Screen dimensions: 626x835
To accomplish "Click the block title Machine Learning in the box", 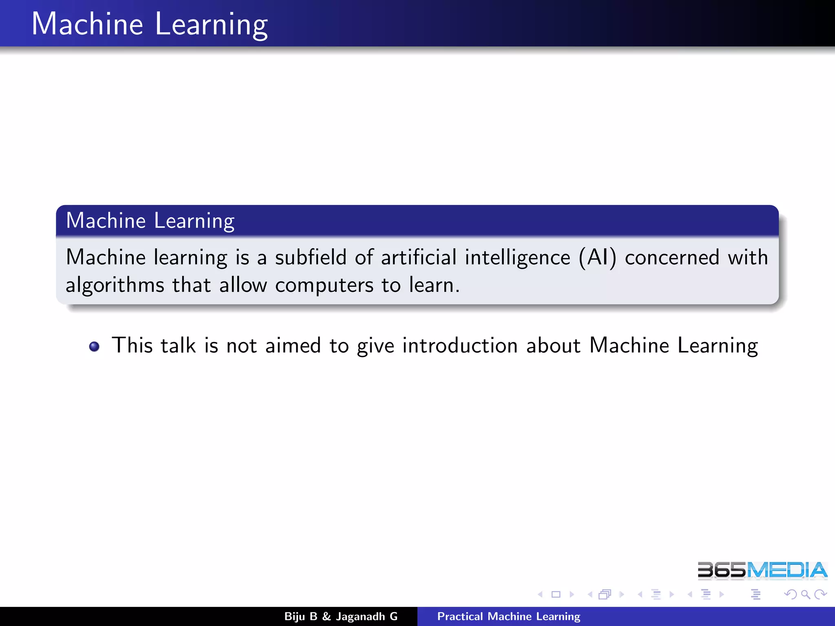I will [x=150, y=220].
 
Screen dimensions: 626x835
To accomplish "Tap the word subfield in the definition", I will [x=311, y=258].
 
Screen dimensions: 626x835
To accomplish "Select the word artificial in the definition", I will [x=419, y=258].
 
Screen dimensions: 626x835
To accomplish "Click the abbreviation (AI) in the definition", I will [x=597, y=258].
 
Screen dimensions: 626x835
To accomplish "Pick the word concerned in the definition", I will [x=672, y=258].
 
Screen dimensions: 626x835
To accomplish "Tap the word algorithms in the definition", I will [x=115, y=285].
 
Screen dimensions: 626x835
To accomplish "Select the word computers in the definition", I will [x=324, y=285].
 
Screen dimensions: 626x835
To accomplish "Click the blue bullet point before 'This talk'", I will [x=94, y=346].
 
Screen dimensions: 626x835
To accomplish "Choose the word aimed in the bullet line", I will [x=293, y=346].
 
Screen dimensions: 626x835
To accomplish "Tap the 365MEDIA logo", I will [x=762, y=570].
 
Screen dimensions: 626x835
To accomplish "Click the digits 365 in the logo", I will [x=721, y=570].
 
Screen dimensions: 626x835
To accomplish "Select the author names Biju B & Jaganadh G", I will [x=341, y=617].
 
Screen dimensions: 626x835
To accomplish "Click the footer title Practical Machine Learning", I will [x=508, y=617].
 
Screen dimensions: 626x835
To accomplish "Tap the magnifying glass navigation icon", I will [x=805, y=595].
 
